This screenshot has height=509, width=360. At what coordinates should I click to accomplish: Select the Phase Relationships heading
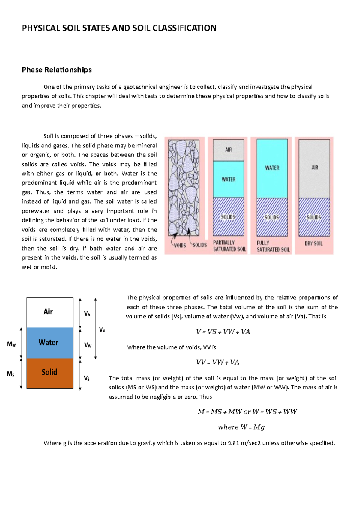[x=57, y=70]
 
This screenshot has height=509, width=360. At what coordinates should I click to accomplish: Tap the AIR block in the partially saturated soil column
[x=228, y=150]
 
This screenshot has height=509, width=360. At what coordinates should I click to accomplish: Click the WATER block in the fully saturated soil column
[x=272, y=168]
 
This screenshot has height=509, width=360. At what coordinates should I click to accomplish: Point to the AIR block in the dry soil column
[x=314, y=168]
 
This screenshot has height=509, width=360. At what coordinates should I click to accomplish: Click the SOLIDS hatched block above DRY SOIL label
[x=314, y=217]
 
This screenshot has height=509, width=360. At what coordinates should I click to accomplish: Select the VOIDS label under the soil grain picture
[x=180, y=245]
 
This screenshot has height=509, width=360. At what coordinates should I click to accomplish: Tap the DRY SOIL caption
[x=313, y=243]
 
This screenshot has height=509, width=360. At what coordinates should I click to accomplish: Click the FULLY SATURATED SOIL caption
[x=273, y=246]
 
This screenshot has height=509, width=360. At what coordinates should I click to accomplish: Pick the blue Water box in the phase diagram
[x=50, y=343]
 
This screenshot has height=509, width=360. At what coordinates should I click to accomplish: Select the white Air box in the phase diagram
[x=50, y=312]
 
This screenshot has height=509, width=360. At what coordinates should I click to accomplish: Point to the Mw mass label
[x=11, y=344]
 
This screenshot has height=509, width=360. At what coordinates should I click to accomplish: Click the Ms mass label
[x=11, y=374]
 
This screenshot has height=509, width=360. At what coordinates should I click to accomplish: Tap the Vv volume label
[x=102, y=330]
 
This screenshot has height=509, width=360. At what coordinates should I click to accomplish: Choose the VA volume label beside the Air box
[x=87, y=314]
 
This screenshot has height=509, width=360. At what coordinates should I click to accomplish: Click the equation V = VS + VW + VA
[x=223, y=332]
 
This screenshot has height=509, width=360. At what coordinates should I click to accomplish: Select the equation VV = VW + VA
[x=217, y=362]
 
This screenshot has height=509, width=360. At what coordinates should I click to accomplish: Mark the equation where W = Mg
[x=241, y=427]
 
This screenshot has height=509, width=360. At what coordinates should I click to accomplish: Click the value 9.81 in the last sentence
[x=233, y=443]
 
